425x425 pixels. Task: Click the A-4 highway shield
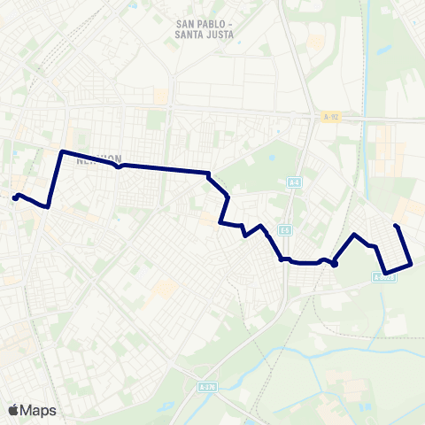point(294,183)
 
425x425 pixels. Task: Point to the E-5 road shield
point(284,230)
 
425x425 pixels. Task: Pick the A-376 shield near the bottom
point(206,387)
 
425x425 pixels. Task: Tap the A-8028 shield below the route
point(382,277)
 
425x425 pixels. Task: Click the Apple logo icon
point(13,410)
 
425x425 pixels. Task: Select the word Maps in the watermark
point(38,410)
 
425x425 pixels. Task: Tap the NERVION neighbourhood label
point(97,160)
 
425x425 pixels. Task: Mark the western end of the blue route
point(15,198)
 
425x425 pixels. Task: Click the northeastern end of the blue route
point(395,227)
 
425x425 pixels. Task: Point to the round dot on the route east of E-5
point(335,263)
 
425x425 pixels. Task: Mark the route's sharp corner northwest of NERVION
point(60,152)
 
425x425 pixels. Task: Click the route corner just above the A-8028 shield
point(385,272)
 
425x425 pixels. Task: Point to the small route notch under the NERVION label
point(119,166)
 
